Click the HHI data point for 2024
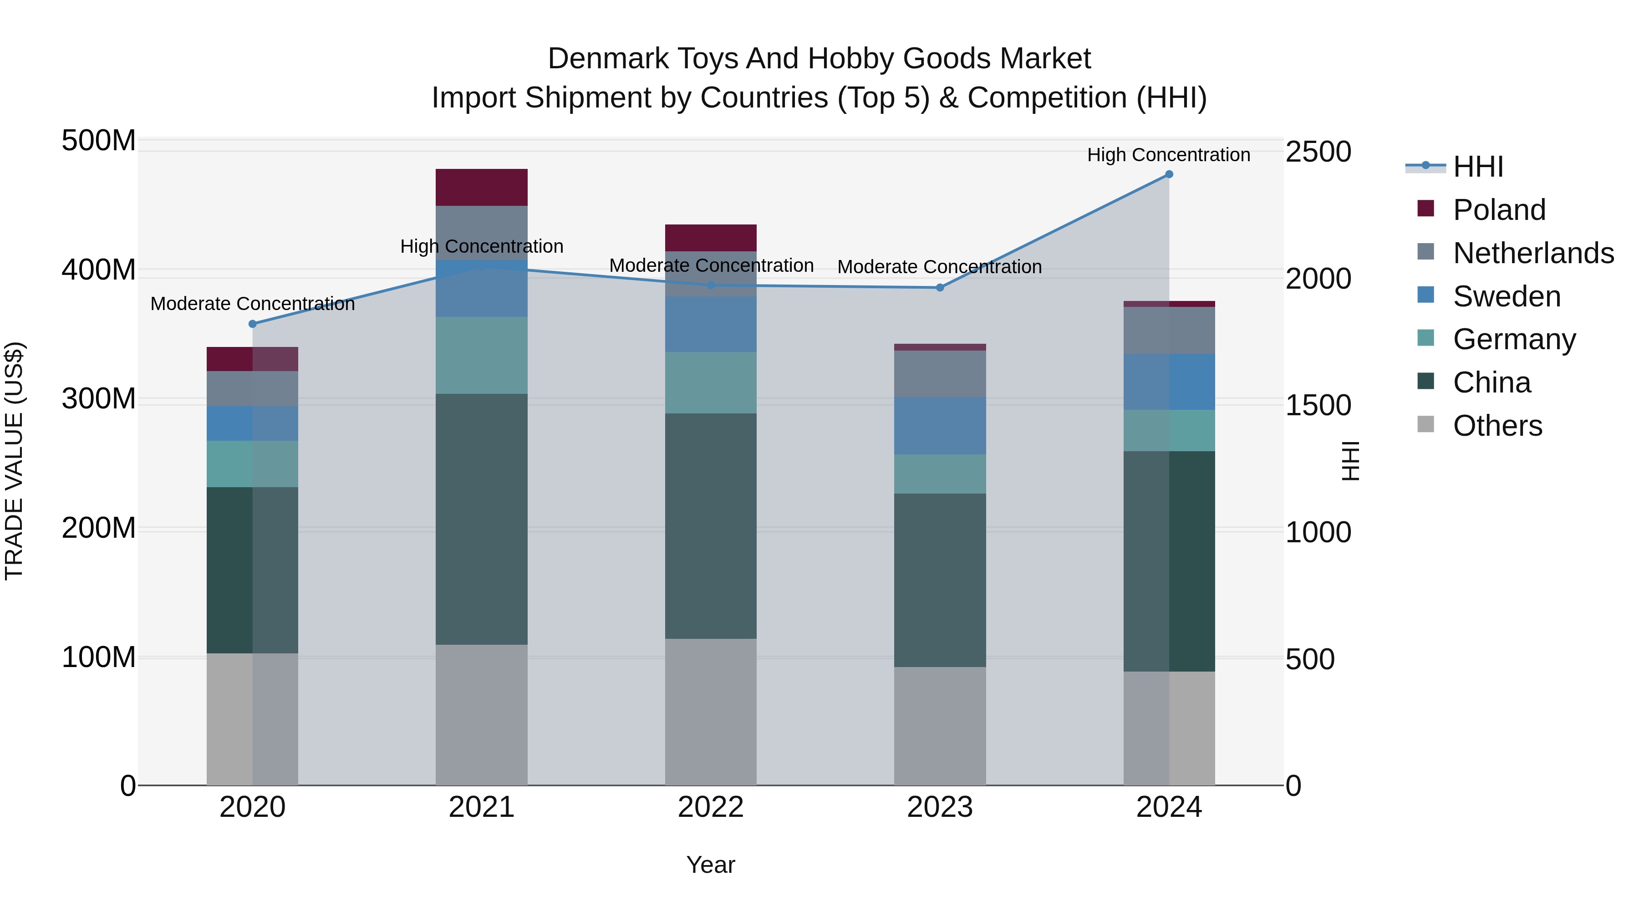pos(1169,174)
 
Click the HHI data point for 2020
pos(253,324)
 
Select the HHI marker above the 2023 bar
pos(940,288)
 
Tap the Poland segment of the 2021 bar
pos(482,187)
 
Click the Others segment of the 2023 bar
pos(940,726)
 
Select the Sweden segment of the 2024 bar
pos(1169,382)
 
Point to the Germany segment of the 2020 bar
pos(253,464)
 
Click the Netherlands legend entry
pos(1533,253)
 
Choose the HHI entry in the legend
pos(1478,167)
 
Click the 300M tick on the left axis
pos(99,399)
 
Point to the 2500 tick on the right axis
pos(1318,152)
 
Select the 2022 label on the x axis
pos(711,807)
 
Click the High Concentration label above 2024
pos(1168,155)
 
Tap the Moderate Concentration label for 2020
pos(253,304)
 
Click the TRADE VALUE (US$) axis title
pos(15,461)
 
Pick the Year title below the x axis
pos(711,865)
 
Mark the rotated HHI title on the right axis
pos(1349,461)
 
